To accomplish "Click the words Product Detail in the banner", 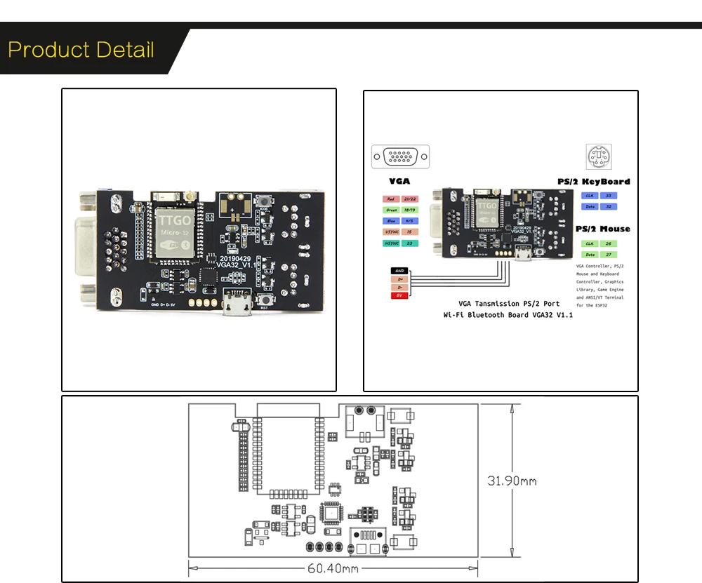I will (81, 51).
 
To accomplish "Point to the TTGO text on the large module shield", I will (168, 219).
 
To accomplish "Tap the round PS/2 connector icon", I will (599, 156).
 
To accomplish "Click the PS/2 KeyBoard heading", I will (593, 181).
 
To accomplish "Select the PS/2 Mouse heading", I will (602, 229).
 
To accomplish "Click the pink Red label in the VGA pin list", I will (391, 199).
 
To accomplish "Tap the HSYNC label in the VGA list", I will (391, 243).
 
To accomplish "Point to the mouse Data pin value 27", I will (607, 255).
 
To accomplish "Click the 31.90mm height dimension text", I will (512, 481).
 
